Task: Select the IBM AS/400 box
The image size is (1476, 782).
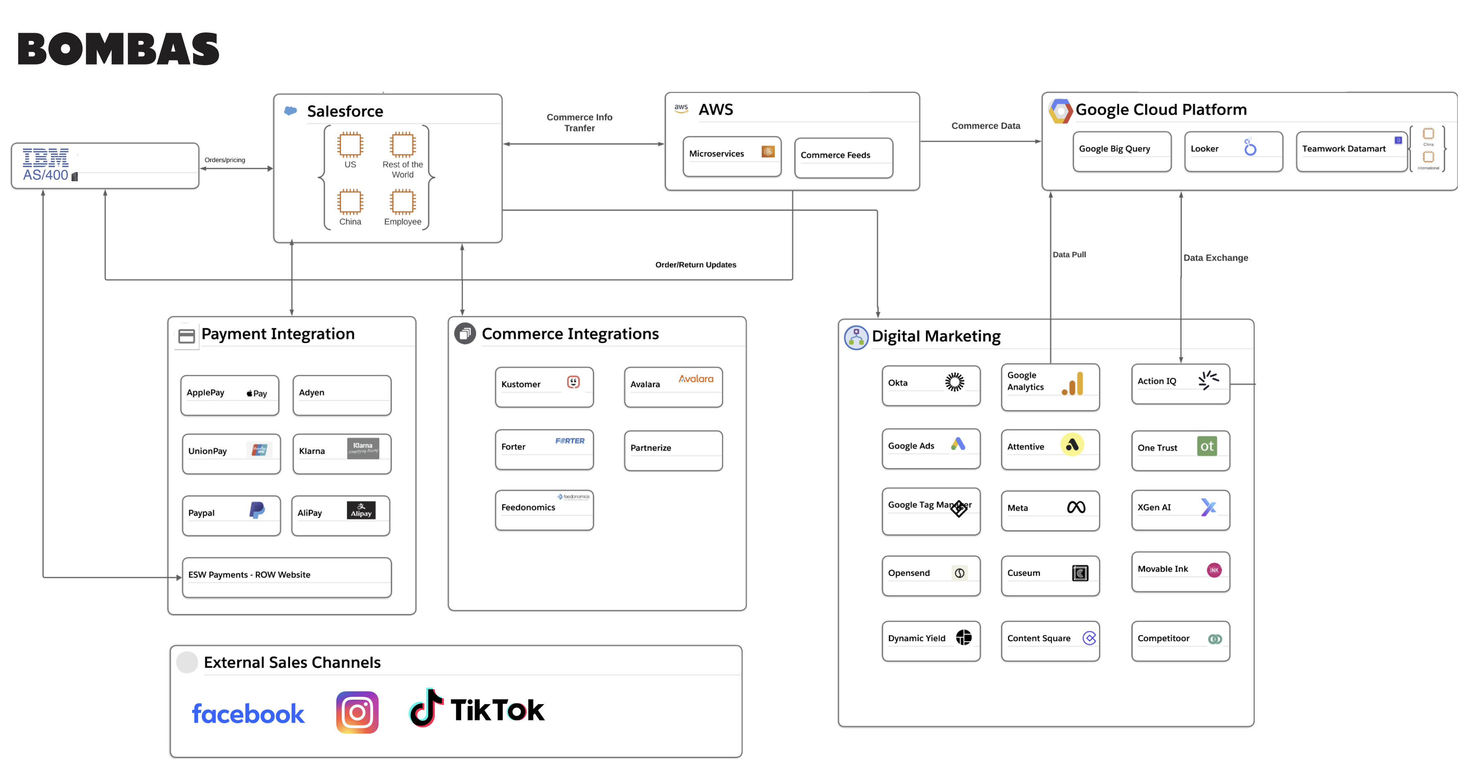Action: [105, 166]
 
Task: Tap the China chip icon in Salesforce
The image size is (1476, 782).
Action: [350, 201]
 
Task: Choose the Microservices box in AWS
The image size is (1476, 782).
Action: [732, 156]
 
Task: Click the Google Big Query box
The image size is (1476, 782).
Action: [1121, 151]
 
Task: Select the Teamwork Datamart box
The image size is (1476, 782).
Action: [1351, 151]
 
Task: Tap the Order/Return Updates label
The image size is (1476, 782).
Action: [696, 265]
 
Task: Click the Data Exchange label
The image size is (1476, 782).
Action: [1215, 258]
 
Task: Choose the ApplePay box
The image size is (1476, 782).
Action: [229, 395]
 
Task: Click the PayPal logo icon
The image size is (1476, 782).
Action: [257, 510]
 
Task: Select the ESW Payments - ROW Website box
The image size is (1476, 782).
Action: [287, 577]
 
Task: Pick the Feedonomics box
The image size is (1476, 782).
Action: [544, 509]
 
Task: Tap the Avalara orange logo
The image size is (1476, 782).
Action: [696, 379]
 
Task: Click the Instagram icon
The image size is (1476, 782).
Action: [357, 712]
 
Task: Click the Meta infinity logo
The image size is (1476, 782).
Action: [1076, 507]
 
